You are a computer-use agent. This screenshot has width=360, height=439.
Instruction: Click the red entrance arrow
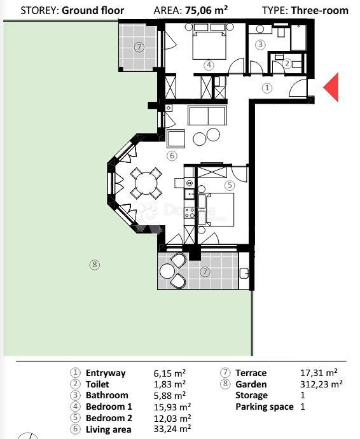point(331,88)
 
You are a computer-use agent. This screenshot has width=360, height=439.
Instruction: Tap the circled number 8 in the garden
point(95,265)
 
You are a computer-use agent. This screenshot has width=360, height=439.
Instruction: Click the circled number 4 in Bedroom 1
point(209,65)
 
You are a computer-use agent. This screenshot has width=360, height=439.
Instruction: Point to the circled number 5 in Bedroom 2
point(230,185)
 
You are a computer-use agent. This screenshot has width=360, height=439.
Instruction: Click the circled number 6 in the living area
point(171,155)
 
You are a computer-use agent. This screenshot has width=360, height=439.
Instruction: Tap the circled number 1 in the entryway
point(267,88)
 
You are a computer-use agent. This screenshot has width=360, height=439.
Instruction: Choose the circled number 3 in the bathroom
point(260,45)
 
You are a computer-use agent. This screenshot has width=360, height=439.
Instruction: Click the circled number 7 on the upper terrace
point(139,47)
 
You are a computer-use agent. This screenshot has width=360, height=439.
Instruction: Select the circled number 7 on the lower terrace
point(205,272)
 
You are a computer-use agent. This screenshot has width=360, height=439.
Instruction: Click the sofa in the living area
point(207,116)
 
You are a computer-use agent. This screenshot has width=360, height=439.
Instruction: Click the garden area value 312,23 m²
point(321,384)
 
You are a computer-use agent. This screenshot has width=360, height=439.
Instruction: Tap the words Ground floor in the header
point(93,10)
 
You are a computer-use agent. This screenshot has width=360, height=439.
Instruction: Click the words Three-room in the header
point(319,10)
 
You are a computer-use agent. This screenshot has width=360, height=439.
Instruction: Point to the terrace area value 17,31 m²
point(319,373)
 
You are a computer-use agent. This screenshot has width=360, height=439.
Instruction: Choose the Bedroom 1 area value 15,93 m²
point(170,407)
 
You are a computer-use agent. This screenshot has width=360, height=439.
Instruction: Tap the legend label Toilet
point(97,384)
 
